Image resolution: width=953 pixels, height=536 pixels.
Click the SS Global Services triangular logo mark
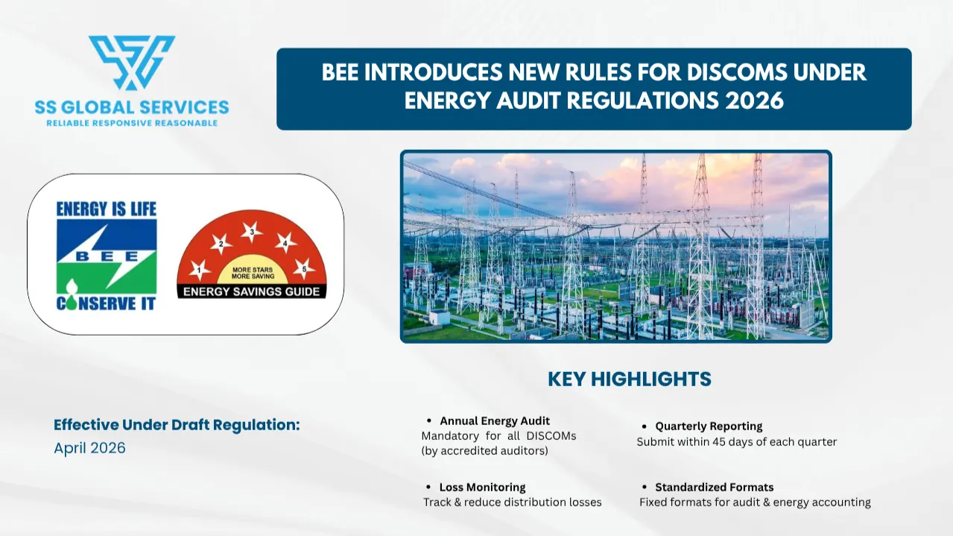tap(132, 63)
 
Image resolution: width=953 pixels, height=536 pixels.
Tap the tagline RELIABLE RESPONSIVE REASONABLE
tap(132, 124)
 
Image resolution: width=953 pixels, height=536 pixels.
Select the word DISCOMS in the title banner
tap(737, 72)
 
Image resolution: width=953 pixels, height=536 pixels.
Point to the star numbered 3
tap(252, 232)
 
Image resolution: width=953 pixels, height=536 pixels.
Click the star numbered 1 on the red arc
tap(199, 270)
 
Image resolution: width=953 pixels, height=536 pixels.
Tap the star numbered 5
tap(304, 269)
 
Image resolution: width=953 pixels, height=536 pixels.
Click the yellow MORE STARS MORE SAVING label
tap(253, 273)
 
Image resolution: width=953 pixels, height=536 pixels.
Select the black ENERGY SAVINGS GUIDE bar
tap(251, 291)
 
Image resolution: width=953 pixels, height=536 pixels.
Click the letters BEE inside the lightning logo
tap(107, 256)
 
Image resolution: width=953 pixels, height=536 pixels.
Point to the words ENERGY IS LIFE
tap(107, 209)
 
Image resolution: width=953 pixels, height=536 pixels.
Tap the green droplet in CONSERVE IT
tap(72, 296)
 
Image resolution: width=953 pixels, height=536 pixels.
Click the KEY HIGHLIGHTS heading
tap(629, 379)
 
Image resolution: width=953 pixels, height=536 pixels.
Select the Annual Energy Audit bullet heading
tap(494, 421)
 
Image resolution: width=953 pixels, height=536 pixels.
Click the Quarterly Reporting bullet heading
tap(709, 426)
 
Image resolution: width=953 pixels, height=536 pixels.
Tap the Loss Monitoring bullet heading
tap(482, 487)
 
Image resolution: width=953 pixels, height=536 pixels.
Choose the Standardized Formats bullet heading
tap(714, 487)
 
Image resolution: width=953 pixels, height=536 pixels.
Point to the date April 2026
tap(89, 448)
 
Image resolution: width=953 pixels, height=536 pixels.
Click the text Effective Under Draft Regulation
tap(177, 425)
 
